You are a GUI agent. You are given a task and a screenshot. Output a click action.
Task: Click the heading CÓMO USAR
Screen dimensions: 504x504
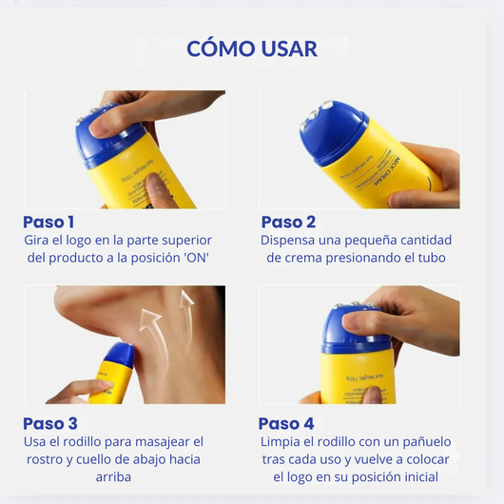[252, 48]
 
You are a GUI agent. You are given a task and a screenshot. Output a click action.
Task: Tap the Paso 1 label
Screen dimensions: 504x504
[48, 223]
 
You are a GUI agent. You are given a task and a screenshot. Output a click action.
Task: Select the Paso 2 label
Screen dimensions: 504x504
[288, 223]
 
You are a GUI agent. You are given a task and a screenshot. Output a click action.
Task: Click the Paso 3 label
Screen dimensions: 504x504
[50, 423]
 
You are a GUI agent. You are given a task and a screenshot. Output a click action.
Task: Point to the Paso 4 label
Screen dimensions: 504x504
[286, 423]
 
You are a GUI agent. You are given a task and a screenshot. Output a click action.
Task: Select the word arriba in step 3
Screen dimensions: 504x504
[113, 477]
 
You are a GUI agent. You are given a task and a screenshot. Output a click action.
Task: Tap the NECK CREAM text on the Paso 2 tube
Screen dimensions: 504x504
[387, 171]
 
